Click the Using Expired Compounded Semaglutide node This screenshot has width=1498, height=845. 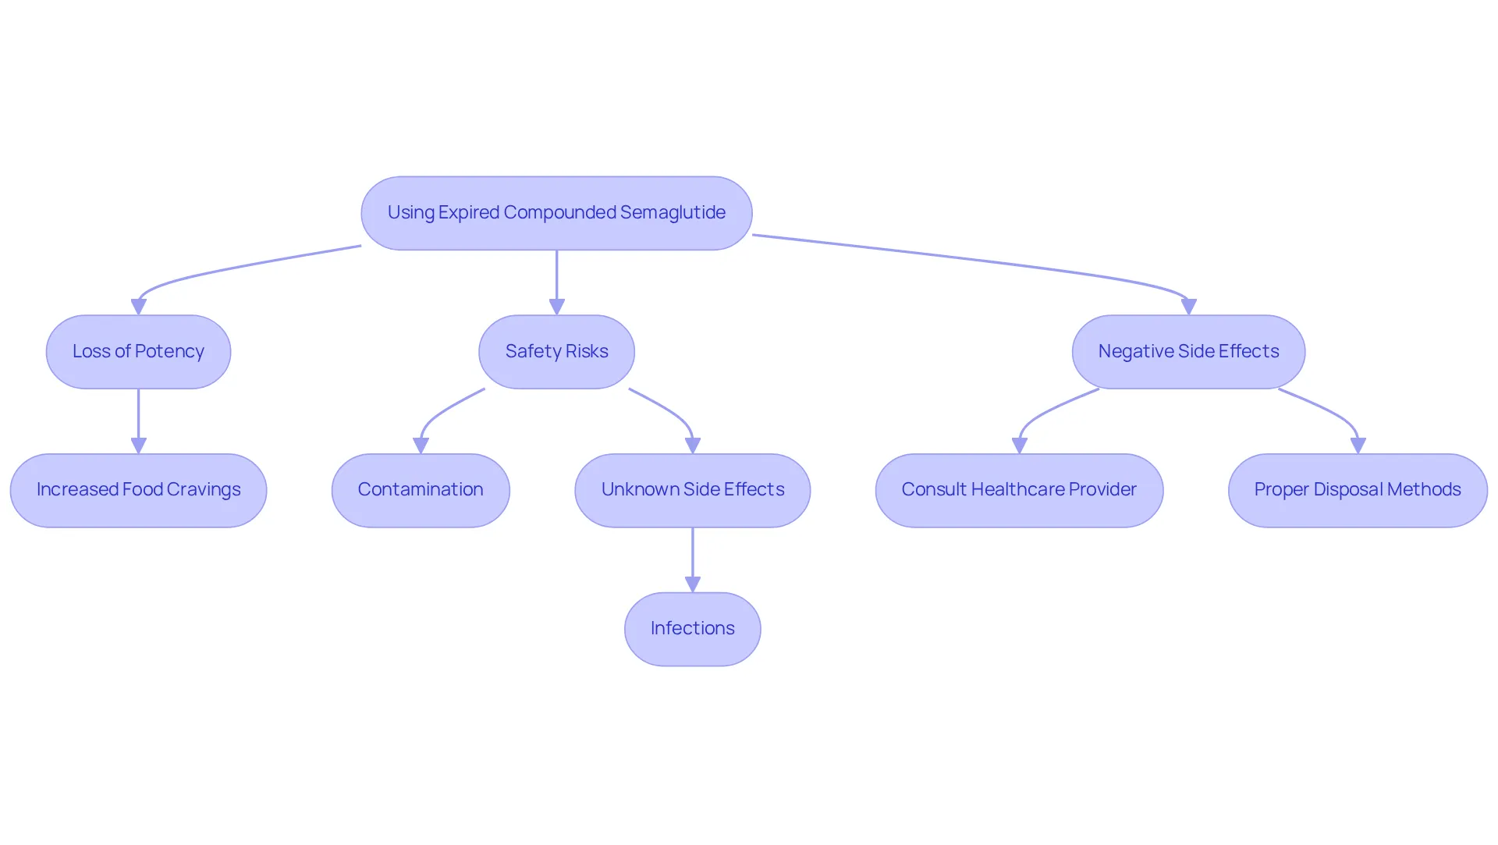(x=556, y=213)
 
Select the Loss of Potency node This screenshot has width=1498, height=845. (x=138, y=352)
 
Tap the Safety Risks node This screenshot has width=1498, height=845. (x=556, y=352)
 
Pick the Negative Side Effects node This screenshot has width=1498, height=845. (x=1188, y=352)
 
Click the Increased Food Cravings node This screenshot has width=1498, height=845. (x=138, y=490)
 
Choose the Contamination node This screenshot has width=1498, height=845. (x=421, y=490)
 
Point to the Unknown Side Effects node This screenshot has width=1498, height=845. (x=693, y=490)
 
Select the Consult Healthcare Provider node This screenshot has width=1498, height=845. (x=1019, y=490)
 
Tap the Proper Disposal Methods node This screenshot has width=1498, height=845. (x=1358, y=490)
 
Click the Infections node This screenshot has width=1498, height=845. (x=693, y=629)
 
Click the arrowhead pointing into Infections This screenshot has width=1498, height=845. (x=693, y=584)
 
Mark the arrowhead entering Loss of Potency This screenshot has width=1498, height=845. (x=139, y=307)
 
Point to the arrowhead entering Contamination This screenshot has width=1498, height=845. (x=421, y=446)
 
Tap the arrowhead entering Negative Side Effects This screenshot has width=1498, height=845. (x=1188, y=307)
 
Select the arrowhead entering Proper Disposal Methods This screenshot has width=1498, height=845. (x=1358, y=446)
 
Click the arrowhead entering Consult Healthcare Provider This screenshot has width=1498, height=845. (x=1019, y=446)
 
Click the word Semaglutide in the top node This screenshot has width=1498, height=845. (x=673, y=212)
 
